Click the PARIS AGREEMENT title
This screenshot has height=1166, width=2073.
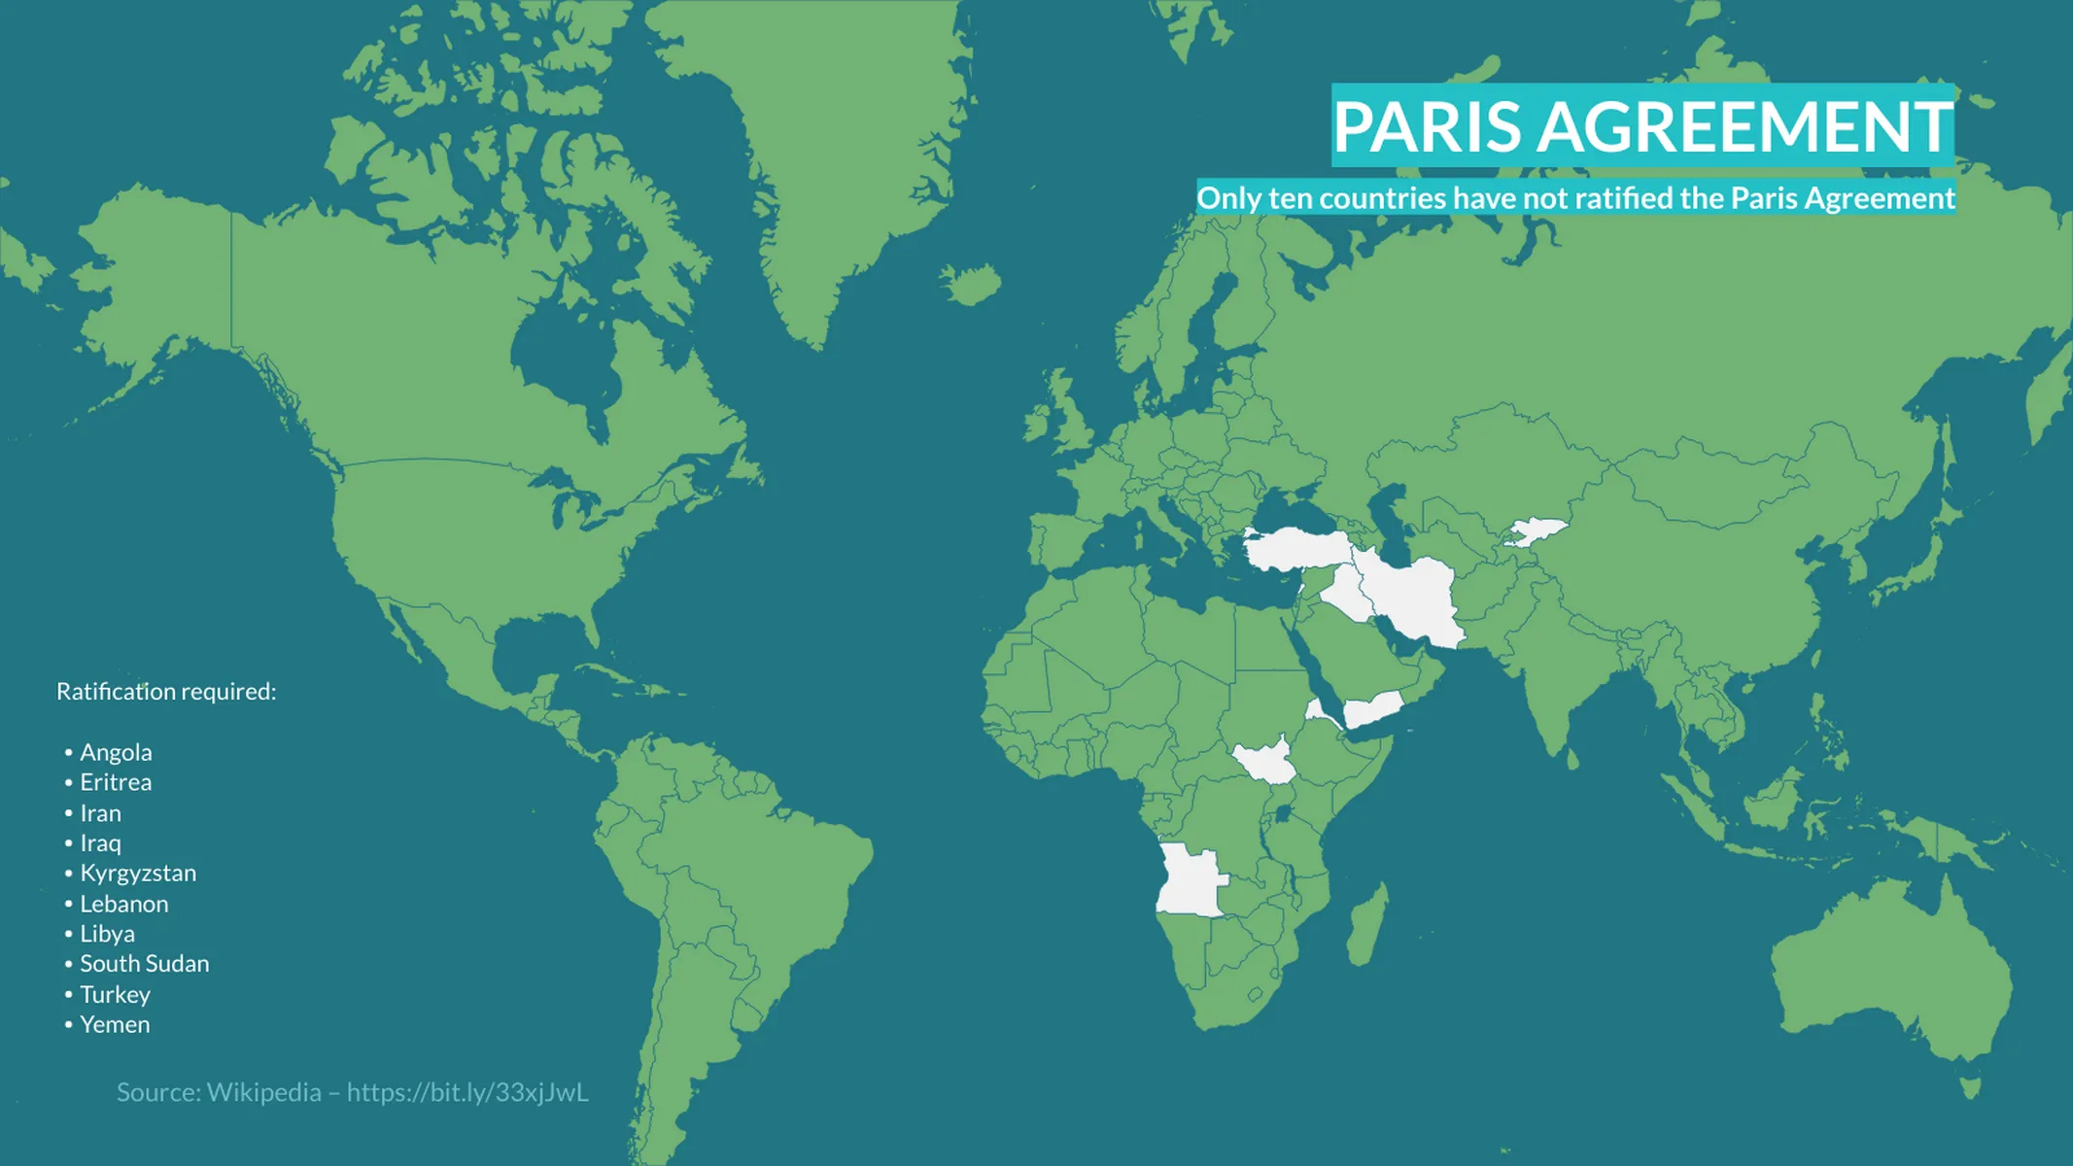pyautogui.click(x=1642, y=126)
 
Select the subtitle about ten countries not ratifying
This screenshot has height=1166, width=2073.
pyautogui.click(x=1575, y=198)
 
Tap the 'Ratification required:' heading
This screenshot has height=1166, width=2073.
pyautogui.click(x=166, y=692)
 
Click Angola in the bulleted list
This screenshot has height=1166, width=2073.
pyautogui.click(x=116, y=752)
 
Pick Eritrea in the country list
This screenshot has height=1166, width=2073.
pyautogui.click(x=116, y=782)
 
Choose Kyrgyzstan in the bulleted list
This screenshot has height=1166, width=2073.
pyautogui.click(x=138, y=874)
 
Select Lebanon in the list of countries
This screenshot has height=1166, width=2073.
pyautogui.click(x=124, y=904)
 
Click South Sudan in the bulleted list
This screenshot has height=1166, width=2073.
pyautogui.click(x=144, y=964)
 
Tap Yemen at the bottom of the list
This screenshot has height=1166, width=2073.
pyautogui.click(x=115, y=1025)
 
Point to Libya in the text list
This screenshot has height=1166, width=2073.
pyautogui.click(x=107, y=934)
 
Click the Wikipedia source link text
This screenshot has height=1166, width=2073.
pyautogui.click(x=353, y=1092)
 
